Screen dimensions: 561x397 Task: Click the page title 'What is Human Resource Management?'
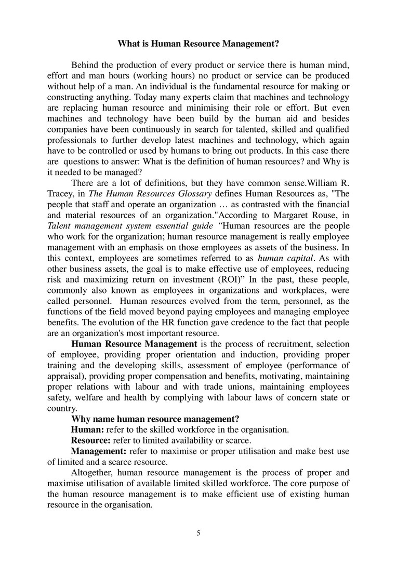point(198,44)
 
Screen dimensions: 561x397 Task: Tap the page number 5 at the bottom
point(198,533)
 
